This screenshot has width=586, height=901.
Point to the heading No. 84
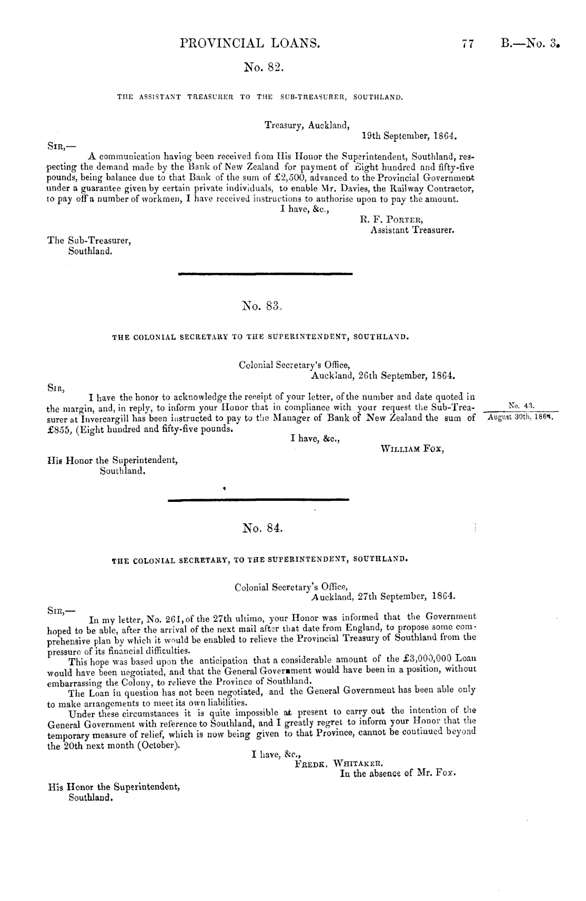(263, 527)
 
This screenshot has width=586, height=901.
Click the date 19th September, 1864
(409, 135)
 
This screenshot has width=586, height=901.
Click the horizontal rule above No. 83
(265, 273)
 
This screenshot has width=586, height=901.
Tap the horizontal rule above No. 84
(258, 499)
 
